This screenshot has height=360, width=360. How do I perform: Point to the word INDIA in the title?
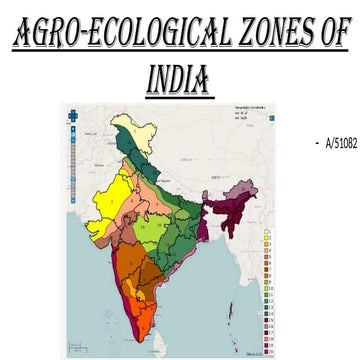tap(180, 78)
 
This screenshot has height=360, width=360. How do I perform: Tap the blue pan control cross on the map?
tap(72, 114)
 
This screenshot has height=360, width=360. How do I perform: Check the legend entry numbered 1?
tap(269, 233)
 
